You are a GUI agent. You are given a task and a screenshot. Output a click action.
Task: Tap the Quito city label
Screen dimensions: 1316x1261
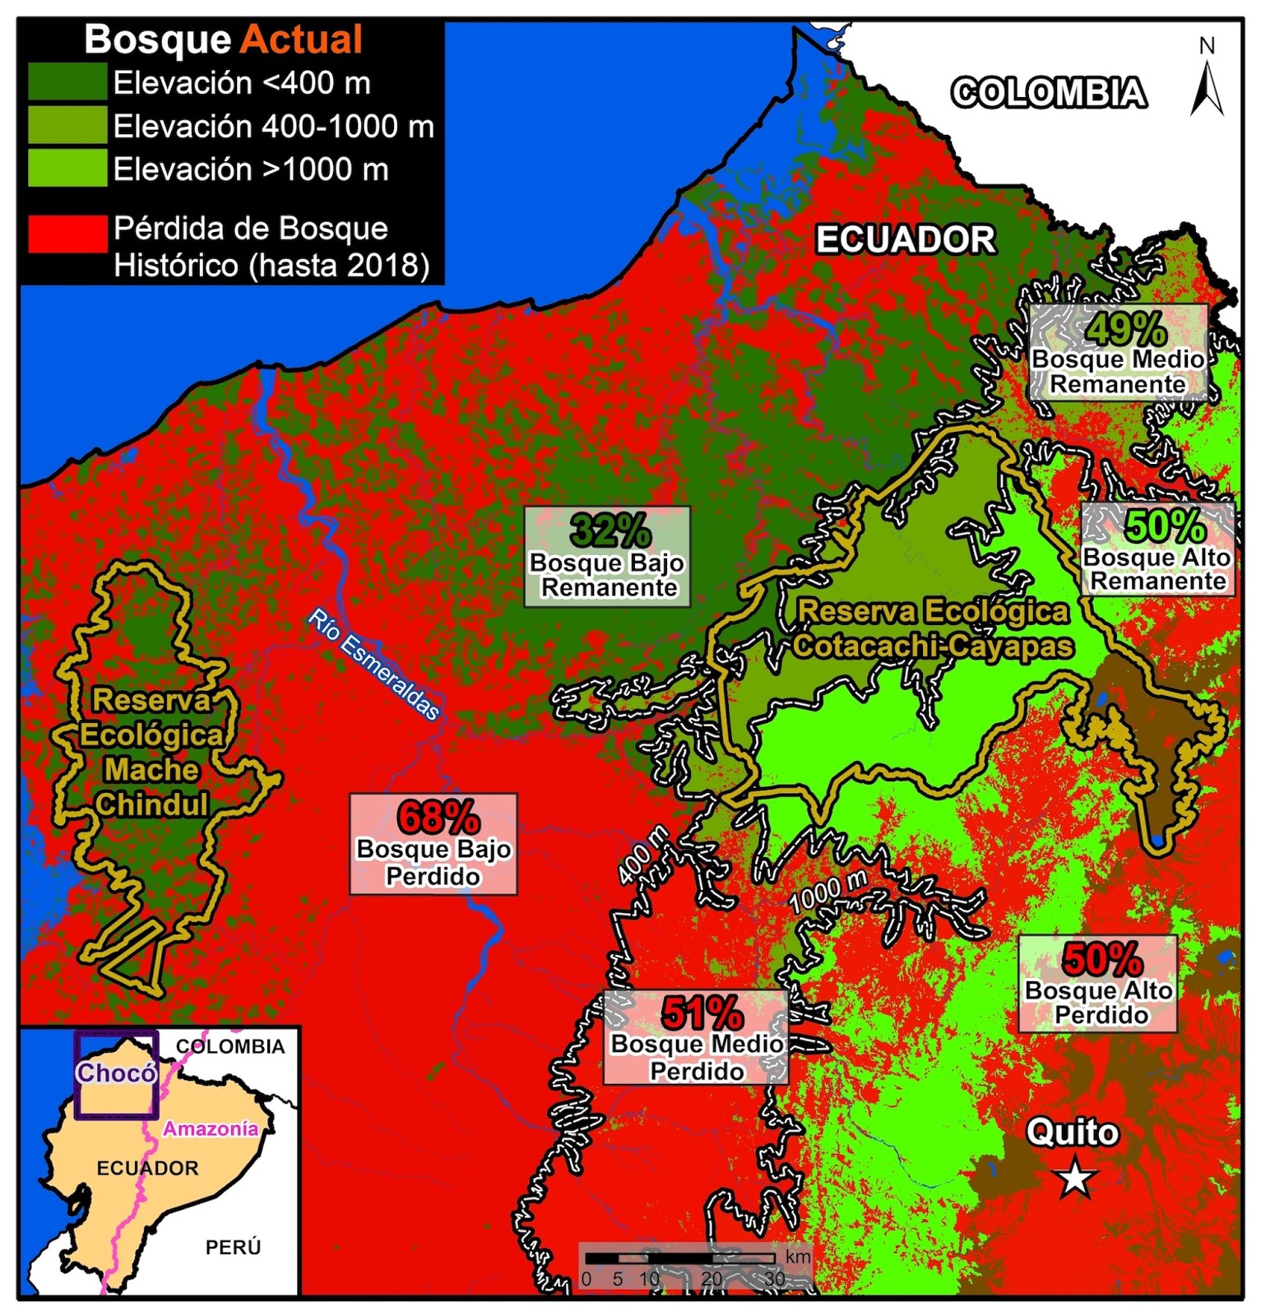click(1073, 1133)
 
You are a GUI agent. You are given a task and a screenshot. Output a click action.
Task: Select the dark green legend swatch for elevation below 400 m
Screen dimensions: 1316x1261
click(67, 82)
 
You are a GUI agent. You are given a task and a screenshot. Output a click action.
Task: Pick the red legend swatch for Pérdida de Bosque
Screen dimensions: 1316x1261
click(67, 233)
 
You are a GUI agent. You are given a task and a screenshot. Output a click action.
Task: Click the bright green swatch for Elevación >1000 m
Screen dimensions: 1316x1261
click(67, 169)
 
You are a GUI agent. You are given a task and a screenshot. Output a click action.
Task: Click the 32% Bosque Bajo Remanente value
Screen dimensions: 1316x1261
click(610, 531)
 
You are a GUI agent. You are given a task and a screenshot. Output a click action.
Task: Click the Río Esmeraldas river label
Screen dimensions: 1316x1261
click(374, 665)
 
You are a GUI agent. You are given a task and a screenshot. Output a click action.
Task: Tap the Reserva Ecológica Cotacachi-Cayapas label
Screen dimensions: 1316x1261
click(934, 628)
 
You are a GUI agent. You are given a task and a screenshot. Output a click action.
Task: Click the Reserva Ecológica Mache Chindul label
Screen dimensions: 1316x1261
click(151, 752)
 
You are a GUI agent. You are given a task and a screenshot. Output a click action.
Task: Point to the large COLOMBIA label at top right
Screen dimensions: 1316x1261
click(1048, 92)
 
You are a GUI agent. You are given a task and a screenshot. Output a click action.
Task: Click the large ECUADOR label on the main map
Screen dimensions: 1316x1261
click(905, 240)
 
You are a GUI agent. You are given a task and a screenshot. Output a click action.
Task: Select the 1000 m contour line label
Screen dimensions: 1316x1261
click(828, 892)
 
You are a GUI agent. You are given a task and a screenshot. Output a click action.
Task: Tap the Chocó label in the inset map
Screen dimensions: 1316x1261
click(116, 1073)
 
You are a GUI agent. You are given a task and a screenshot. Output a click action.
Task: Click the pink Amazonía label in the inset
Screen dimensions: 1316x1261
click(211, 1128)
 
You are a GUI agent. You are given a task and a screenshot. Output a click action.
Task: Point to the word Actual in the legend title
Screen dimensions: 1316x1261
click(302, 39)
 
